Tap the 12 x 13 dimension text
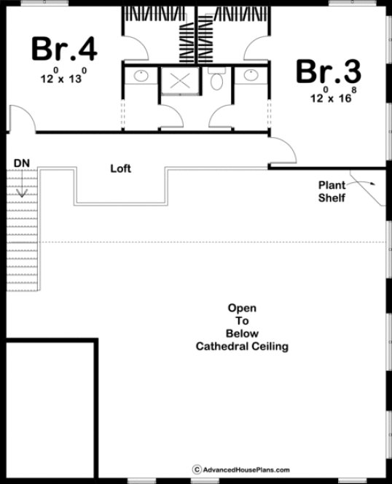(x=64, y=74)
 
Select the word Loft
(x=120, y=168)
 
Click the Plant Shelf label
(x=332, y=191)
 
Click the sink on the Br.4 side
(x=140, y=75)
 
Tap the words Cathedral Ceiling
(x=242, y=347)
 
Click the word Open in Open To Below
(x=242, y=308)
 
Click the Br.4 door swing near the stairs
(x=20, y=118)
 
